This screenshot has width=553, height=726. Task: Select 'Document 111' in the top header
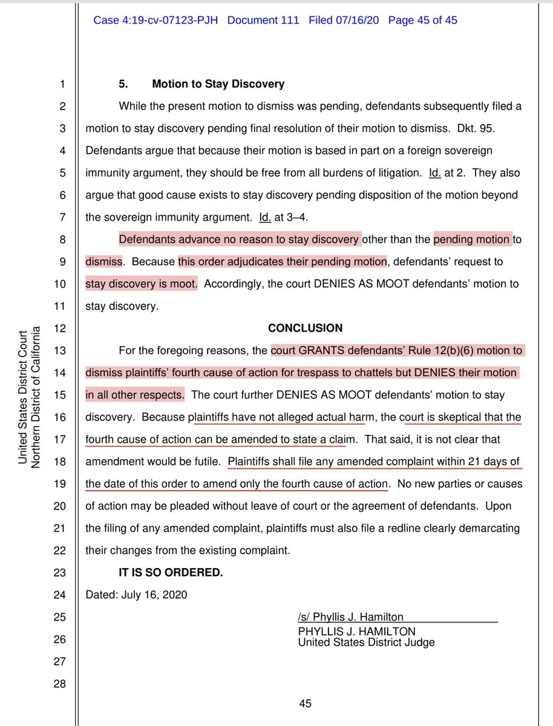263,21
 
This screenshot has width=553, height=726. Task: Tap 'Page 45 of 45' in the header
422,21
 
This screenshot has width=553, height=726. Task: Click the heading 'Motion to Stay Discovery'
218,84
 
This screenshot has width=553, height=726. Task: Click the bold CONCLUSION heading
305,328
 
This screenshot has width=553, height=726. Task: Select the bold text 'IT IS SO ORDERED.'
171,572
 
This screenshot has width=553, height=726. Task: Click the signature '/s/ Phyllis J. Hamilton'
350,617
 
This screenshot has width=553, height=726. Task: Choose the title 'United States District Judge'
366,643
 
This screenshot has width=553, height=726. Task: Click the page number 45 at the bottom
305,704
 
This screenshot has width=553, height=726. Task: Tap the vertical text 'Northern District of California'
36,396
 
